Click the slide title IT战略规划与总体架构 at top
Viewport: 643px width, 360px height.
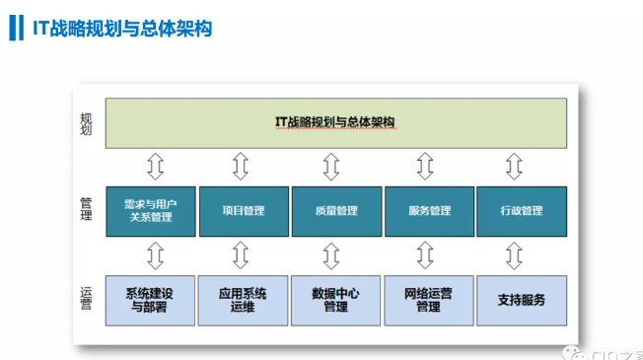click(121, 28)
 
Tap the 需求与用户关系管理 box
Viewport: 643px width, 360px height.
click(149, 210)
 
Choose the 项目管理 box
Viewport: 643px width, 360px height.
click(243, 210)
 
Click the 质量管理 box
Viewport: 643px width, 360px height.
click(335, 210)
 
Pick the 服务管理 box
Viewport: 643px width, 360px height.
click(428, 210)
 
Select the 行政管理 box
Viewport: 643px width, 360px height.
click(522, 210)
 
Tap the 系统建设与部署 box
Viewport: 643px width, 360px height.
click(149, 299)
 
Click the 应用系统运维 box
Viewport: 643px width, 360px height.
click(243, 299)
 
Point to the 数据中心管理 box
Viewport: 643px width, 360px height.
click(335, 299)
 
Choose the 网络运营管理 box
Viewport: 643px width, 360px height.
click(428, 299)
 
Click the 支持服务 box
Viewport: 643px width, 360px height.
click(522, 299)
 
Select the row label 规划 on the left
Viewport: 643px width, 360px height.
click(87, 123)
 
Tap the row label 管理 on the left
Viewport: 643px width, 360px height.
click(87, 210)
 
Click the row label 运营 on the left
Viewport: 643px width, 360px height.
click(87, 297)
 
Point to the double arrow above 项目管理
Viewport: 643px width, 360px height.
click(241, 166)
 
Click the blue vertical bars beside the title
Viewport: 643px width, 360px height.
click(14, 28)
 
